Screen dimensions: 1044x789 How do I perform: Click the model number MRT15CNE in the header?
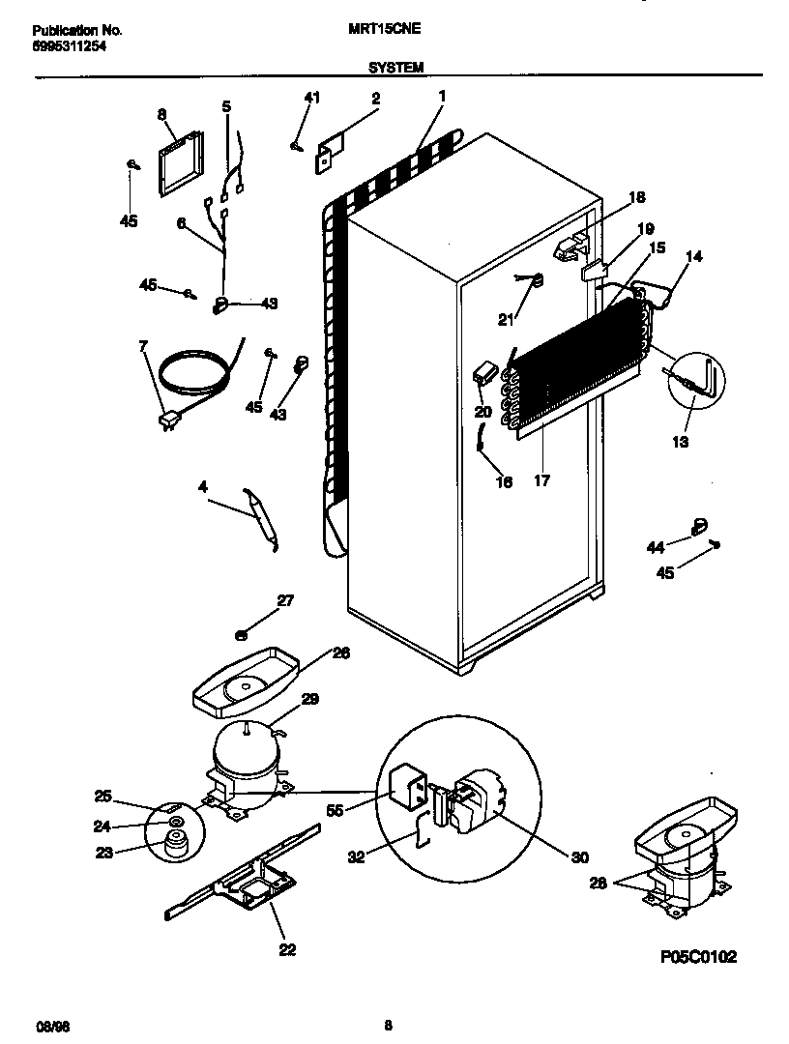pos(384,30)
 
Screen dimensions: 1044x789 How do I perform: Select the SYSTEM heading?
pos(394,68)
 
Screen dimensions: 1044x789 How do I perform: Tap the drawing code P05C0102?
pos(698,957)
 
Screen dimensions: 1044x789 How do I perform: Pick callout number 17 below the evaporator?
pos(541,480)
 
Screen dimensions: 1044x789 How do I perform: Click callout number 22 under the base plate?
pos(286,949)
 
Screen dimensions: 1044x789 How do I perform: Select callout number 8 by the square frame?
pos(162,115)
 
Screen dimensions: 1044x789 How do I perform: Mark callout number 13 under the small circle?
pos(680,442)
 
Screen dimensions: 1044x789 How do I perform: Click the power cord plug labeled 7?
pos(170,420)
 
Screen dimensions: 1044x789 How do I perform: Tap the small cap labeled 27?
pos(243,634)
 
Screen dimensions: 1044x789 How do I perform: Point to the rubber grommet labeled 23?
pos(175,845)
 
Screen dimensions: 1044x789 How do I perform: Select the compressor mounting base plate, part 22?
pos(242,880)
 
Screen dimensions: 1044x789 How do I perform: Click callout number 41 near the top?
pos(311,98)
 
